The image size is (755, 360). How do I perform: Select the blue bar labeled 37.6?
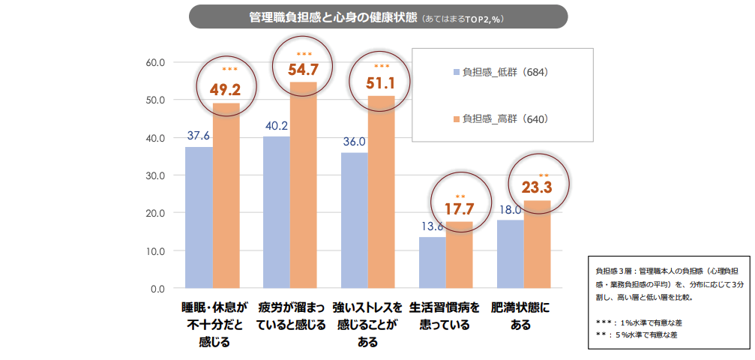click(199, 217)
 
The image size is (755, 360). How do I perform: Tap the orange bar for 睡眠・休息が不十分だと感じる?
click(226, 195)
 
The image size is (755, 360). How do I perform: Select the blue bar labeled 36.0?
click(355, 220)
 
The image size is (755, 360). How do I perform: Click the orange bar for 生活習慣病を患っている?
click(459, 255)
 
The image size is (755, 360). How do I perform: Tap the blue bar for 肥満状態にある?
click(510, 254)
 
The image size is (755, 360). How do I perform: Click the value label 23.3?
click(537, 187)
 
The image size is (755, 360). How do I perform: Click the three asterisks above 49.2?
click(229, 70)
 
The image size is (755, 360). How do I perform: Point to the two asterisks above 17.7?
click(460, 197)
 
